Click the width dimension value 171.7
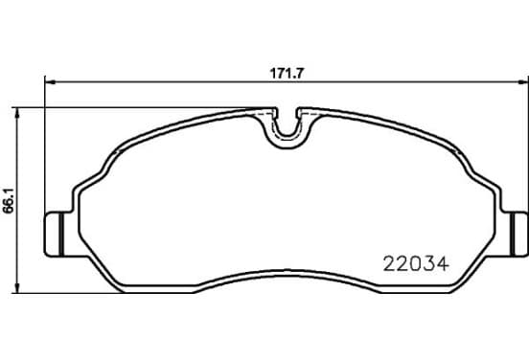(x=287, y=74)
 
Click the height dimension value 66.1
(x=9, y=200)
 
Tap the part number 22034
(x=416, y=264)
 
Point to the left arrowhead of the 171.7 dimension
(x=50, y=82)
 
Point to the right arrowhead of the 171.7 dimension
(x=522, y=82)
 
